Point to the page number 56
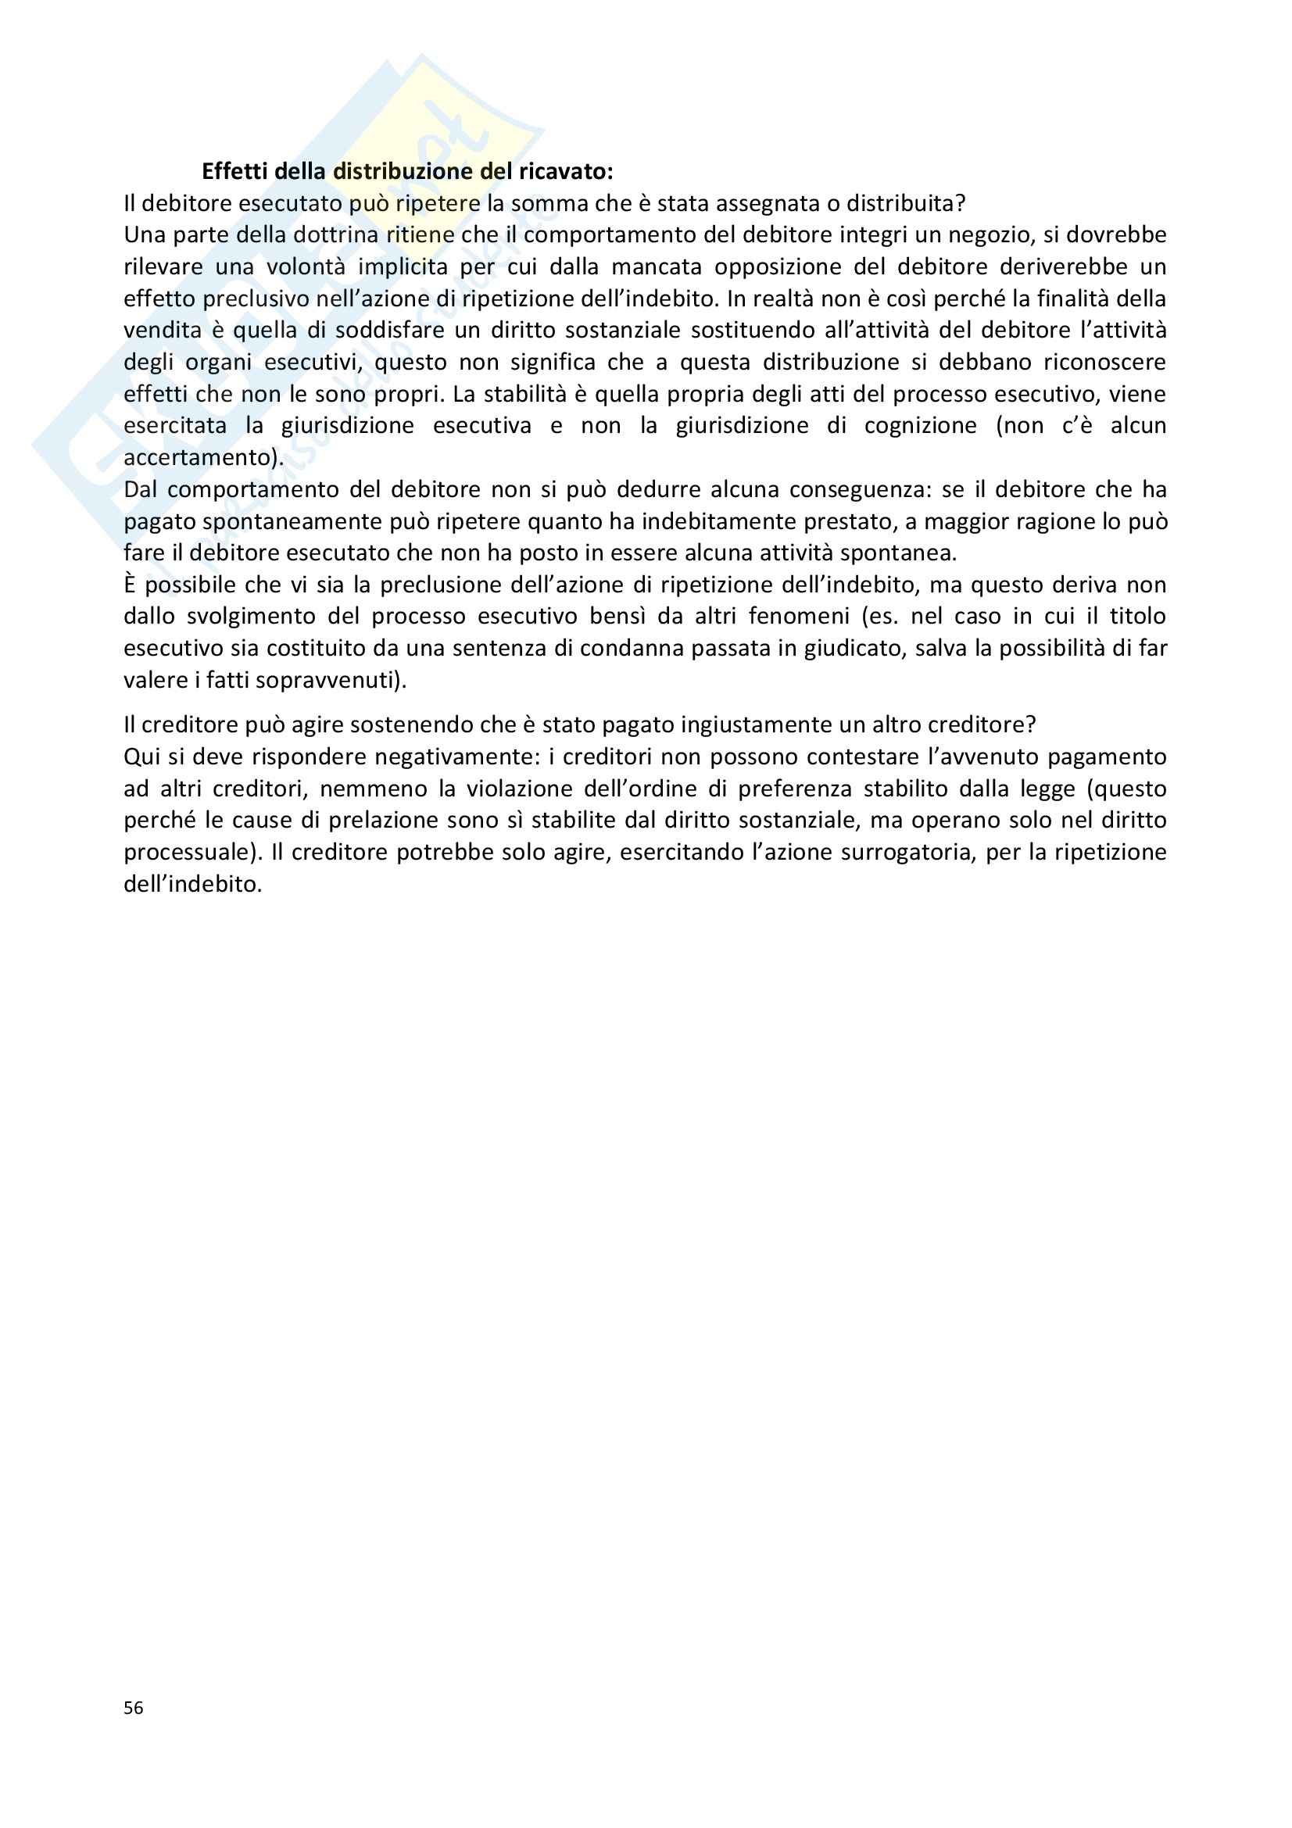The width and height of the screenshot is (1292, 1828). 133,1708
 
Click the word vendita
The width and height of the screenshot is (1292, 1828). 163,331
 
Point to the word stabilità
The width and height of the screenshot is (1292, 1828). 536,394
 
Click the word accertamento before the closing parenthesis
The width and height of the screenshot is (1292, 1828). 197,458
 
